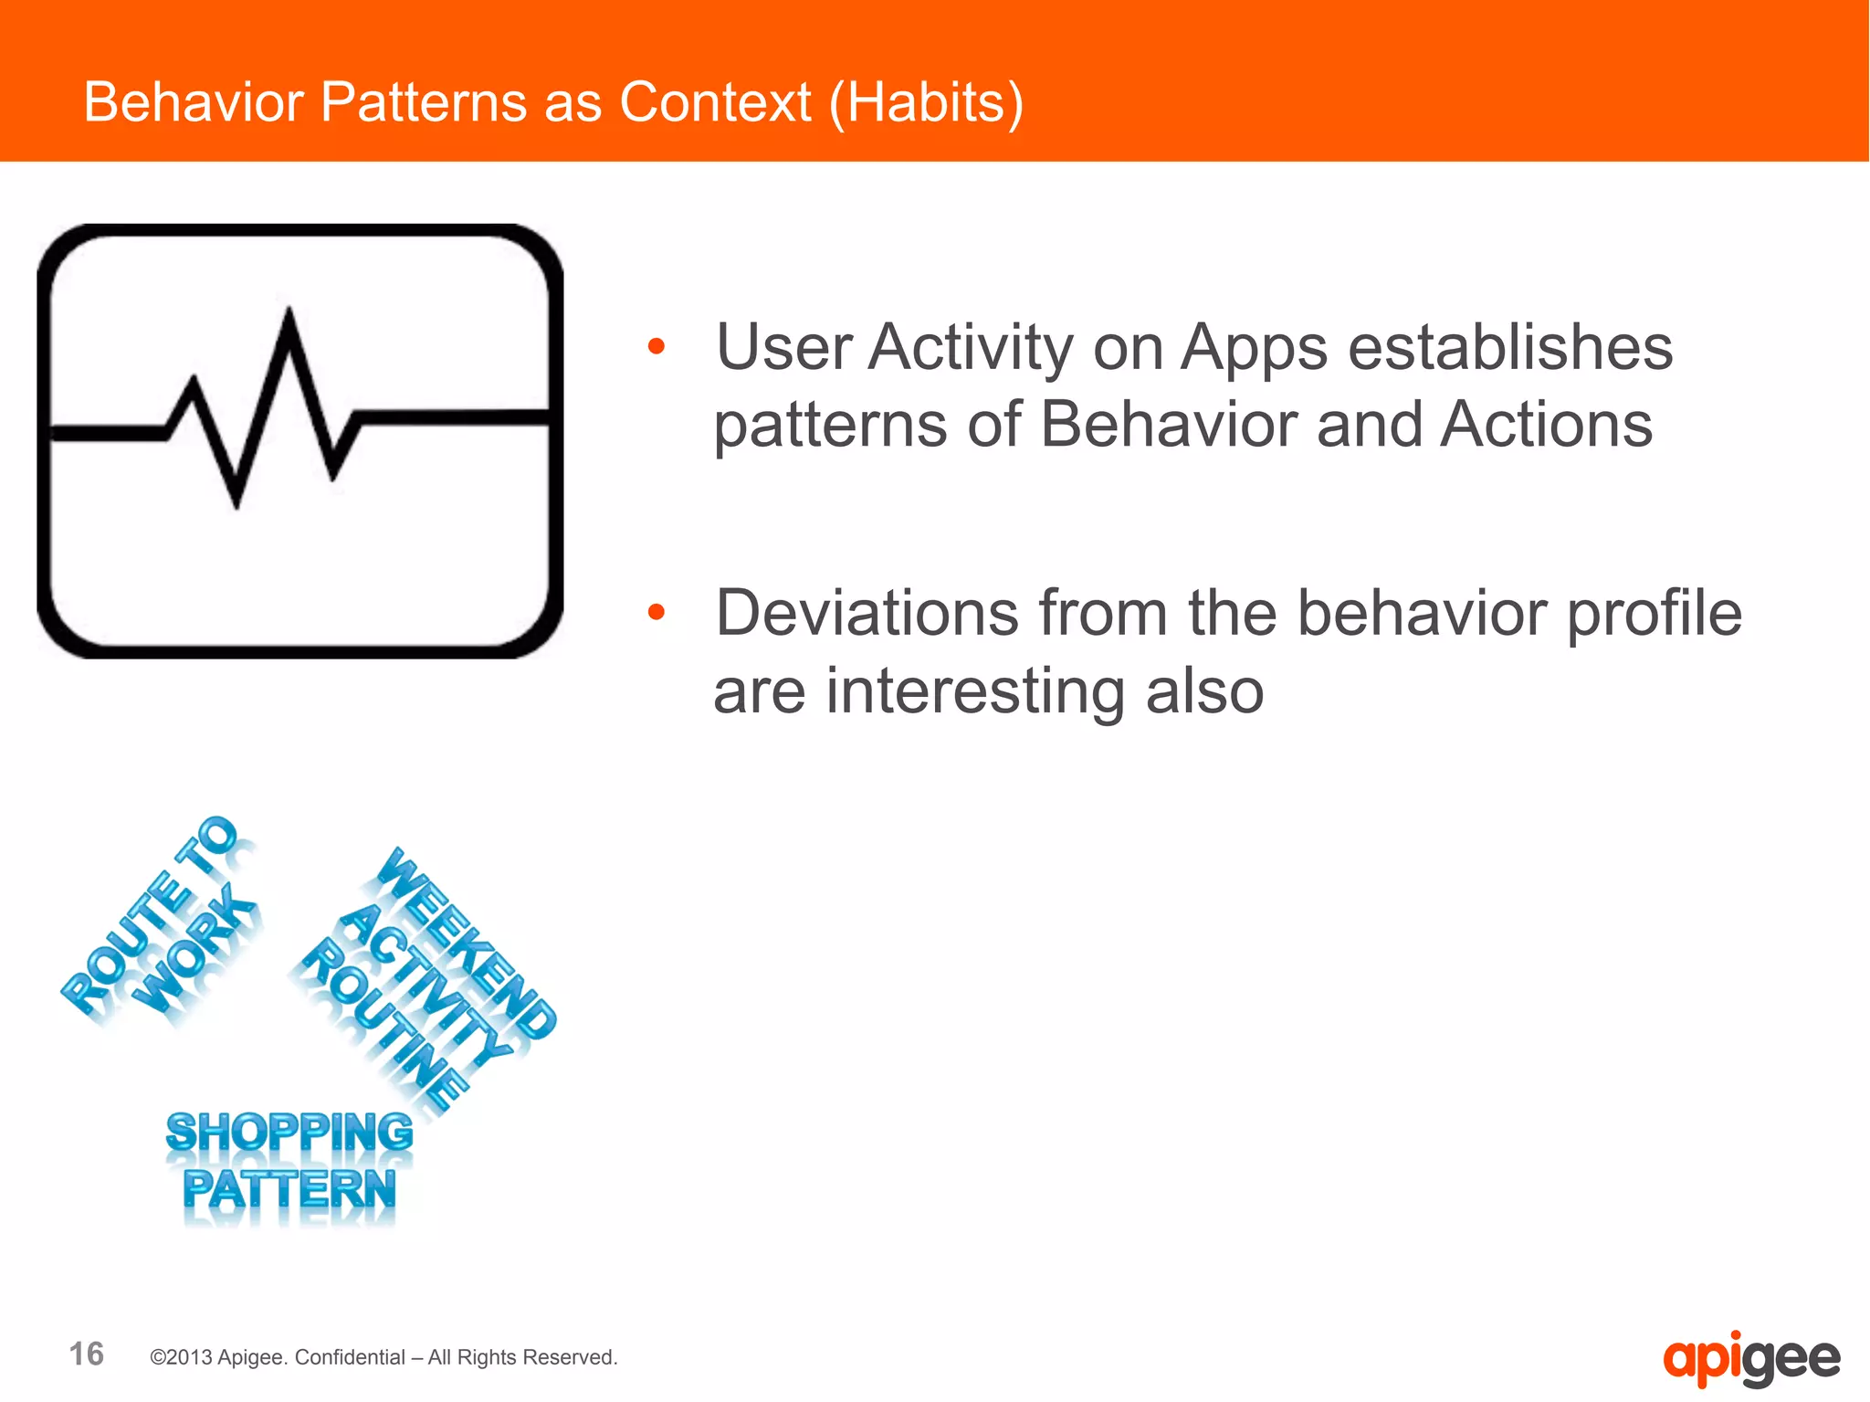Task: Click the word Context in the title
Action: click(715, 101)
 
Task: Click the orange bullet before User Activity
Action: click(656, 346)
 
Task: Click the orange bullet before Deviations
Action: click(656, 612)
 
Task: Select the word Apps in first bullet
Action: click(1254, 348)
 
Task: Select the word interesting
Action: click(975, 690)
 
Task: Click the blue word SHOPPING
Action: click(289, 1133)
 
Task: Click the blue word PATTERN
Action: click(289, 1189)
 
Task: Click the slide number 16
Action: click(87, 1354)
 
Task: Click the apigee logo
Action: click(1750, 1359)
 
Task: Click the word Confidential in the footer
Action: click(350, 1357)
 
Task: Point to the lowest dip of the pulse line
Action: click(237, 505)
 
